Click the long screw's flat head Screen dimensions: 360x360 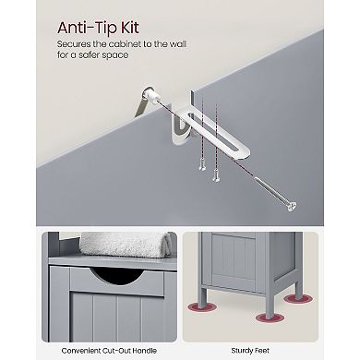[292, 206]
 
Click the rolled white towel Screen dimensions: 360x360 [124, 244]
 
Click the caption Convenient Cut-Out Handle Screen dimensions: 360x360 [109, 351]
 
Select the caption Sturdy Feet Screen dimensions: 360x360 [250, 351]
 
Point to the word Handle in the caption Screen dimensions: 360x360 [144, 351]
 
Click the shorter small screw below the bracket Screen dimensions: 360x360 [202, 166]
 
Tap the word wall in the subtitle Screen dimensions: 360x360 [177, 44]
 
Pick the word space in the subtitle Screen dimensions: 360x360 [117, 55]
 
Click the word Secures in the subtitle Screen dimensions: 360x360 [74, 44]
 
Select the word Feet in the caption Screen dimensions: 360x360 [262, 351]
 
